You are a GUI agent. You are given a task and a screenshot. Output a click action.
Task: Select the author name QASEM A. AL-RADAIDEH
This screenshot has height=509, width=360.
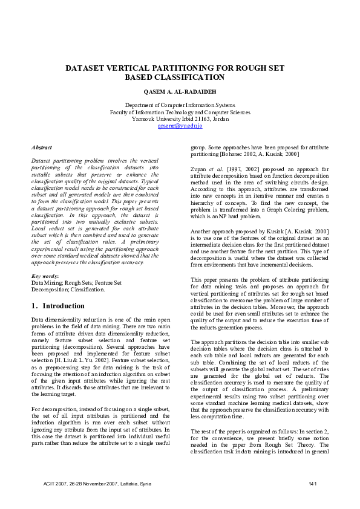pos(180,91)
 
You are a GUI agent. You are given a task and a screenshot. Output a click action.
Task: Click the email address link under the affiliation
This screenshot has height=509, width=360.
pos(180,126)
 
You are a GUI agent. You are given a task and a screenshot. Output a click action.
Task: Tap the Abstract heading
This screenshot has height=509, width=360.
pos(41,147)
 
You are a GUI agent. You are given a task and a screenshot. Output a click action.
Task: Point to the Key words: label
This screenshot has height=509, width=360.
pos(45,276)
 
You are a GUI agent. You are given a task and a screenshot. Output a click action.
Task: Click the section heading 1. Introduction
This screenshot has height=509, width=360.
pos(58,306)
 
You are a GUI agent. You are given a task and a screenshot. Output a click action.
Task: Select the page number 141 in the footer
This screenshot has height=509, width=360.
pos(313,484)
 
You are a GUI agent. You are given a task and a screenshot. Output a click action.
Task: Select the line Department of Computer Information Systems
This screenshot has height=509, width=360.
pos(180,105)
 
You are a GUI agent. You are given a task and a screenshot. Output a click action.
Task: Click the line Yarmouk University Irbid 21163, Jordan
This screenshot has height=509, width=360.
pos(180,118)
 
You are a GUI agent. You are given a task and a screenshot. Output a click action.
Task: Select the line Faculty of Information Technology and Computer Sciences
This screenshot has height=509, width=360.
pos(180,112)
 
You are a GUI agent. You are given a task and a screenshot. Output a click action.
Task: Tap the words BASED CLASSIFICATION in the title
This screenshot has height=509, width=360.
pos(180,77)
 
